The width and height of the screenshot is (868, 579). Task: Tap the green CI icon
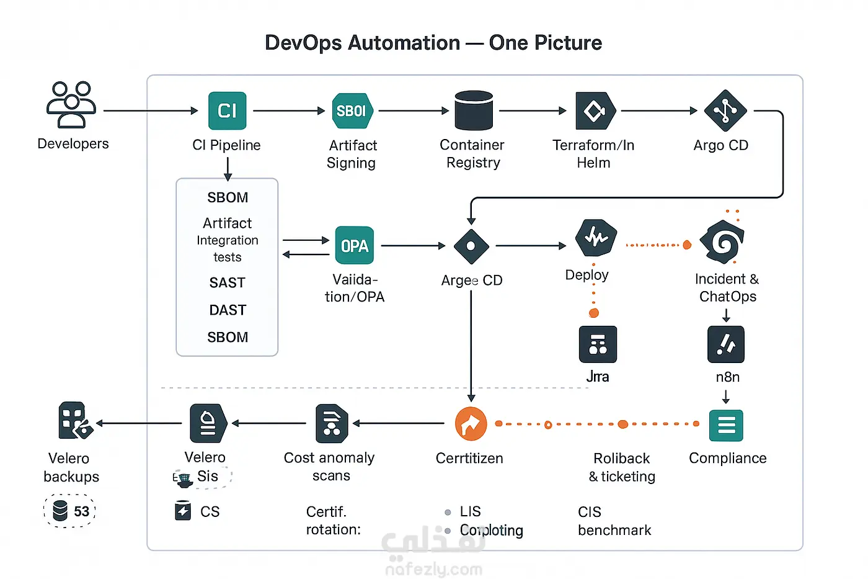[227, 110]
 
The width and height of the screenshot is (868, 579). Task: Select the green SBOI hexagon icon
[352, 111]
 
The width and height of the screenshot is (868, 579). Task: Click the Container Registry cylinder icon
[473, 110]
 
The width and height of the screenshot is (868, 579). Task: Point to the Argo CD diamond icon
[725, 111]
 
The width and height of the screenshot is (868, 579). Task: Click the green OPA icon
[354, 246]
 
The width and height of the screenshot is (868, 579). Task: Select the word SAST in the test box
[227, 283]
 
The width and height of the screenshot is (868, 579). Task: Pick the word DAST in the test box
[227, 310]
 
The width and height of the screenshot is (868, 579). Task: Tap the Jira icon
[597, 344]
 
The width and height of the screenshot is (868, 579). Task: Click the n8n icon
[725, 344]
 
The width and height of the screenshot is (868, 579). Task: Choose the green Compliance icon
[725, 425]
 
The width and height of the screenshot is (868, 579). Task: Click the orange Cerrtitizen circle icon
[471, 424]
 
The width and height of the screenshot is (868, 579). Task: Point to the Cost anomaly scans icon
[332, 423]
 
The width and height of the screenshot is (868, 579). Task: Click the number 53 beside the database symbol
[81, 511]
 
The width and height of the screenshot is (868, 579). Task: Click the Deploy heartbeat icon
[595, 238]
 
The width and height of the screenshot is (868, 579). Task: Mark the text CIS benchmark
[614, 521]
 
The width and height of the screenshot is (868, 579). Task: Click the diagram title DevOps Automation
[362, 43]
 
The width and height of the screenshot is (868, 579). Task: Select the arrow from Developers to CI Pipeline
[150, 110]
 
